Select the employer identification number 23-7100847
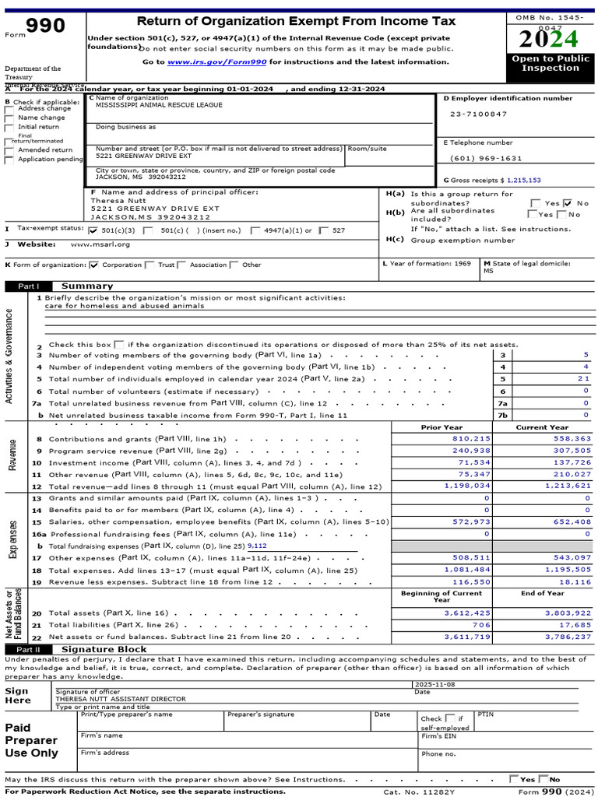coord(478,114)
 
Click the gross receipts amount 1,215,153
coord(523,180)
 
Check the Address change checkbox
coord(9,109)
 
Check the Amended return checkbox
coord(9,150)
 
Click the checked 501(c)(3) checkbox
coord(94,231)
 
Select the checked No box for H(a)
coord(568,203)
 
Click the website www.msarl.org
coord(100,244)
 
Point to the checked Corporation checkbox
coord(94,265)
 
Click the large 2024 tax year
coord(550,39)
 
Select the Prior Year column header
coord(441,427)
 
